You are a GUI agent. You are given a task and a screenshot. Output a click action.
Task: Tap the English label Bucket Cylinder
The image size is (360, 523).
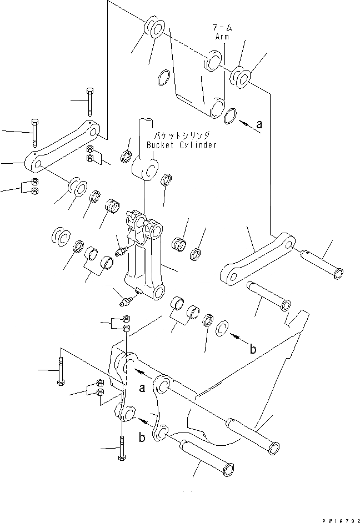(181, 145)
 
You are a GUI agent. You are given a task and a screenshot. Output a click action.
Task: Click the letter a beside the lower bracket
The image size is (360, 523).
(142, 388)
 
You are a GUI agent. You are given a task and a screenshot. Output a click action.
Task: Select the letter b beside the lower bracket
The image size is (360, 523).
(143, 437)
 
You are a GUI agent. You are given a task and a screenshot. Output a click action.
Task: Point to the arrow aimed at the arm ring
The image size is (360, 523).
(248, 127)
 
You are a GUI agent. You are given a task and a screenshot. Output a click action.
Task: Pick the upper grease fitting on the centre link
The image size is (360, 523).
(122, 250)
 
